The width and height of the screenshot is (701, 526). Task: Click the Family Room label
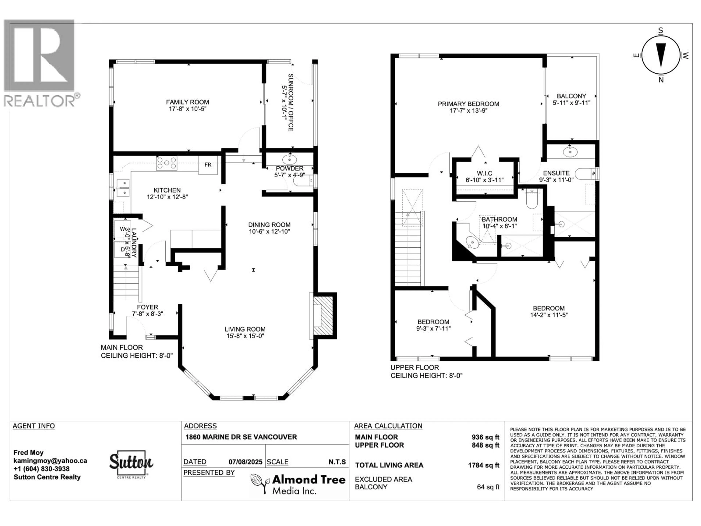[187, 102]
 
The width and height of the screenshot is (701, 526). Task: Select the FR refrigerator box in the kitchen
[208, 165]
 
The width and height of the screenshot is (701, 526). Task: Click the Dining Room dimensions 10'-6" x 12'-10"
[269, 231]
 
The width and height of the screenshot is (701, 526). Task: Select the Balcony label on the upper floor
[571, 96]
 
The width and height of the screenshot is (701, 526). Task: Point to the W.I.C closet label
[484, 173]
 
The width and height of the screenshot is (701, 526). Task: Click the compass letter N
[661, 80]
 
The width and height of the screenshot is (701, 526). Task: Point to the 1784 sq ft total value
[484, 465]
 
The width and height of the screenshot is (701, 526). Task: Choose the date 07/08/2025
[246, 462]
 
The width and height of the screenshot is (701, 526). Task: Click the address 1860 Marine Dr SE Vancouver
[241, 437]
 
